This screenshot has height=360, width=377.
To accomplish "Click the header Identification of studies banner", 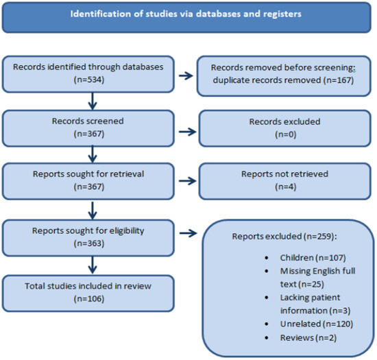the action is coord(186,17).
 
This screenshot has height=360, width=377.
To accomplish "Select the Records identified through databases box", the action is coord(88,74).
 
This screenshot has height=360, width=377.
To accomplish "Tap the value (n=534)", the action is coord(89,80).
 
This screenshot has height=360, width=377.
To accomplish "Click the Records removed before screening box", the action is coord(284,76).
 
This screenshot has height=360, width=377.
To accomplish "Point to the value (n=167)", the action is coord(339,80).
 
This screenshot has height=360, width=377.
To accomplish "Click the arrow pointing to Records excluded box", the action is coord(188,132).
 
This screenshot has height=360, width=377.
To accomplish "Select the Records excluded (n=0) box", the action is coord(284,128).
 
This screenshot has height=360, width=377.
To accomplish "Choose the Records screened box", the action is coord(88,128).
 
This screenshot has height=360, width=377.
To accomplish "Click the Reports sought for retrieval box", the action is coord(88,181).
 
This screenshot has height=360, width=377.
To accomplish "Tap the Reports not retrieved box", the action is coord(284,181).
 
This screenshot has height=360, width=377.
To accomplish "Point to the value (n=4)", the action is coord(286,187).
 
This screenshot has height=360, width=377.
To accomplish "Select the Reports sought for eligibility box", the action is coord(88,238).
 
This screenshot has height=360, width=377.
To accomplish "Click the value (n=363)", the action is coord(89,243).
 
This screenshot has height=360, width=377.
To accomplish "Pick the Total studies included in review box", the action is coord(88,293).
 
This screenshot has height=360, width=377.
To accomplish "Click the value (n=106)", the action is coord(89,299).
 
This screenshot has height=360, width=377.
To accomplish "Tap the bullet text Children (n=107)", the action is coord(313,258).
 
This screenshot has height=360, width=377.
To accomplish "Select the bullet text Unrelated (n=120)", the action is coord(317,324).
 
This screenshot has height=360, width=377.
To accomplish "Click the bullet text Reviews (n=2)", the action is coord(308,337).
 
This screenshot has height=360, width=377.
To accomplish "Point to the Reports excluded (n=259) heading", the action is coord(284,237).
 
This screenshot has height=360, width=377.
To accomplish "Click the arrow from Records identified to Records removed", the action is coord(186,75).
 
